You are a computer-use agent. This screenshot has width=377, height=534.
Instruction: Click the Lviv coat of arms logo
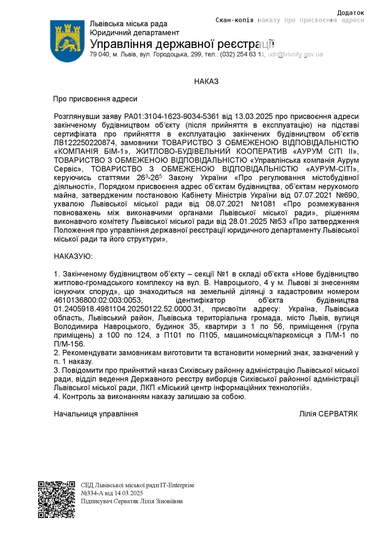click(67, 41)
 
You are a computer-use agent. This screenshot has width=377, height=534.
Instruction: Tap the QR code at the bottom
click(57, 499)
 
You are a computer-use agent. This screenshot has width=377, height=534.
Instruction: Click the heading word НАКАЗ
click(206, 81)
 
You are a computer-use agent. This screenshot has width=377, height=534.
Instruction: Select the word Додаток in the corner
click(350, 13)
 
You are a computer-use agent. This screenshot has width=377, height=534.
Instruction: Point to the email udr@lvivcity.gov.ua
click(295, 55)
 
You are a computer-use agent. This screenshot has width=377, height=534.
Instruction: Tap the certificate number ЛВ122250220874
click(84, 143)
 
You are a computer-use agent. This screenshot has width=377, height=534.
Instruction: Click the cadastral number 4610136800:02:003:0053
click(98, 300)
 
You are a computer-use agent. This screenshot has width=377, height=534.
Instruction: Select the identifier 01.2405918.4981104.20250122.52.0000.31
click(128, 309)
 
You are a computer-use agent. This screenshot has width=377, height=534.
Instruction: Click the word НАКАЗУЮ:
click(73, 257)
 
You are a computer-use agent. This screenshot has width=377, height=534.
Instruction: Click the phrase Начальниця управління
click(96, 414)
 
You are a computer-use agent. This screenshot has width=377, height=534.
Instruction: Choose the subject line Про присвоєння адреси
click(95, 99)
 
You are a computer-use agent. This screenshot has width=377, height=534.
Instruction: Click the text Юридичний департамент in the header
click(134, 33)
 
